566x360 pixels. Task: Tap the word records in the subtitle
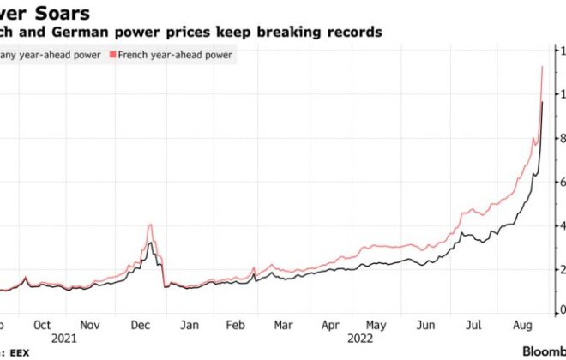click(x=350, y=32)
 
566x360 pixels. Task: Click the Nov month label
click(x=89, y=326)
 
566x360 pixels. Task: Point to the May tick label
click(x=376, y=326)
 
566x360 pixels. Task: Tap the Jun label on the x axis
click(x=424, y=326)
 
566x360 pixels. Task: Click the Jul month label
click(x=471, y=326)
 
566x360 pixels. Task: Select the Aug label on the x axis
click(x=518, y=326)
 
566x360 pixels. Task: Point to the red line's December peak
click(x=150, y=225)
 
